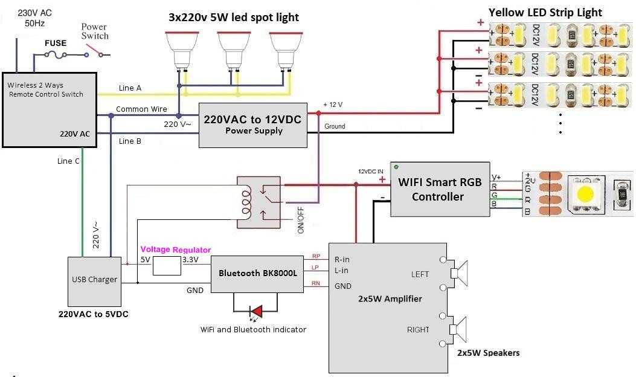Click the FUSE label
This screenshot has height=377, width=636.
point(56,44)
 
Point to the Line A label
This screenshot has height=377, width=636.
point(130,88)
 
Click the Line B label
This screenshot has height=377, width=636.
point(130,141)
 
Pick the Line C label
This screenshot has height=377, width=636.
point(68,161)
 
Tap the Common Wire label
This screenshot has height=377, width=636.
point(141,109)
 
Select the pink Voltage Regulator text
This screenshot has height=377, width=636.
point(176,250)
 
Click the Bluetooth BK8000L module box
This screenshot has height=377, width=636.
point(258,273)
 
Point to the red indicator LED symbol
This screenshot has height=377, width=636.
point(256,311)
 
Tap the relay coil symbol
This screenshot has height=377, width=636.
point(246,202)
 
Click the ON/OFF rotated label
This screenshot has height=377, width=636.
point(300,221)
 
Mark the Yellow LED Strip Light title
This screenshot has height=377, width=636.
point(545,12)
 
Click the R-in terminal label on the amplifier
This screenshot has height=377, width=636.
point(342,259)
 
